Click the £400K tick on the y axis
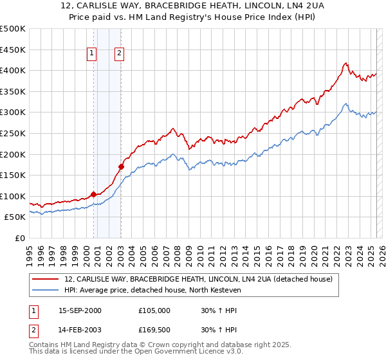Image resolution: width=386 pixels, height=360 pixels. pyautogui.click(x=14, y=71)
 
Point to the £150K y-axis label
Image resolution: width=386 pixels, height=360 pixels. pyautogui.click(x=14, y=175)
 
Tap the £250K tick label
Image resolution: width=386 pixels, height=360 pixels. pyautogui.click(x=14, y=133)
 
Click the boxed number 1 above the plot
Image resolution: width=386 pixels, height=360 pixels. pyautogui.click(x=92, y=54)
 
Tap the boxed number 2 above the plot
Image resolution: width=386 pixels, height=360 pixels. pyautogui.click(x=120, y=54)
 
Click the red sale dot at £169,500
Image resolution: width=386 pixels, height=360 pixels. pyautogui.click(x=121, y=167)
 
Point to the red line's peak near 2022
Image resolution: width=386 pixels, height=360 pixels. pyautogui.click(x=345, y=63)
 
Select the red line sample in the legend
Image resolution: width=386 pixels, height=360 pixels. pyautogui.click(x=45, y=280)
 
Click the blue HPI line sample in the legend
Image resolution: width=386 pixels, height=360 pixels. pyautogui.click(x=45, y=291)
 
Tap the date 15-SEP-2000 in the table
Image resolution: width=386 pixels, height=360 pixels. pyautogui.click(x=80, y=310)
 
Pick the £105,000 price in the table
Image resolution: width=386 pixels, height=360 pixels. pyautogui.click(x=154, y=310)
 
